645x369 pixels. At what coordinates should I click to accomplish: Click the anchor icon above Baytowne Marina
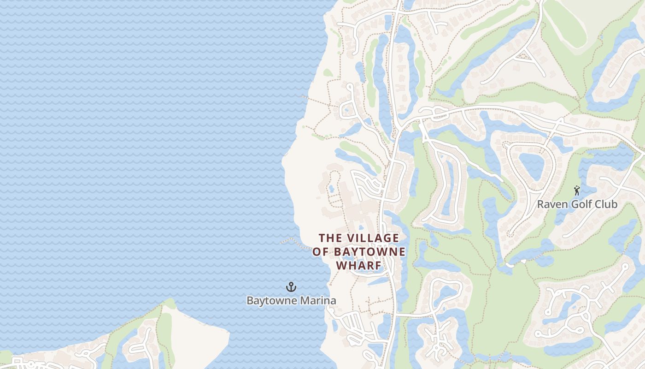coord(291,287)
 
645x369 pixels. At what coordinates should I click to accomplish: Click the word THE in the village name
coord(330,238)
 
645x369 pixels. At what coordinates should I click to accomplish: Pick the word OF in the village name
coord(321,252)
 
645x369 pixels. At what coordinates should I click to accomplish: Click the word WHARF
coord(359,266)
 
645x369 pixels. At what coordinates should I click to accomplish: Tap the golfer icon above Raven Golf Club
coord(576,190)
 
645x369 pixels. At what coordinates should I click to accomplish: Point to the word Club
coord(607,204)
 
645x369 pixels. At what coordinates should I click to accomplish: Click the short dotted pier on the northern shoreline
coord(305,97)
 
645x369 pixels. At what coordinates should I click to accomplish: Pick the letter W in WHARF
coord(341,266)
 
